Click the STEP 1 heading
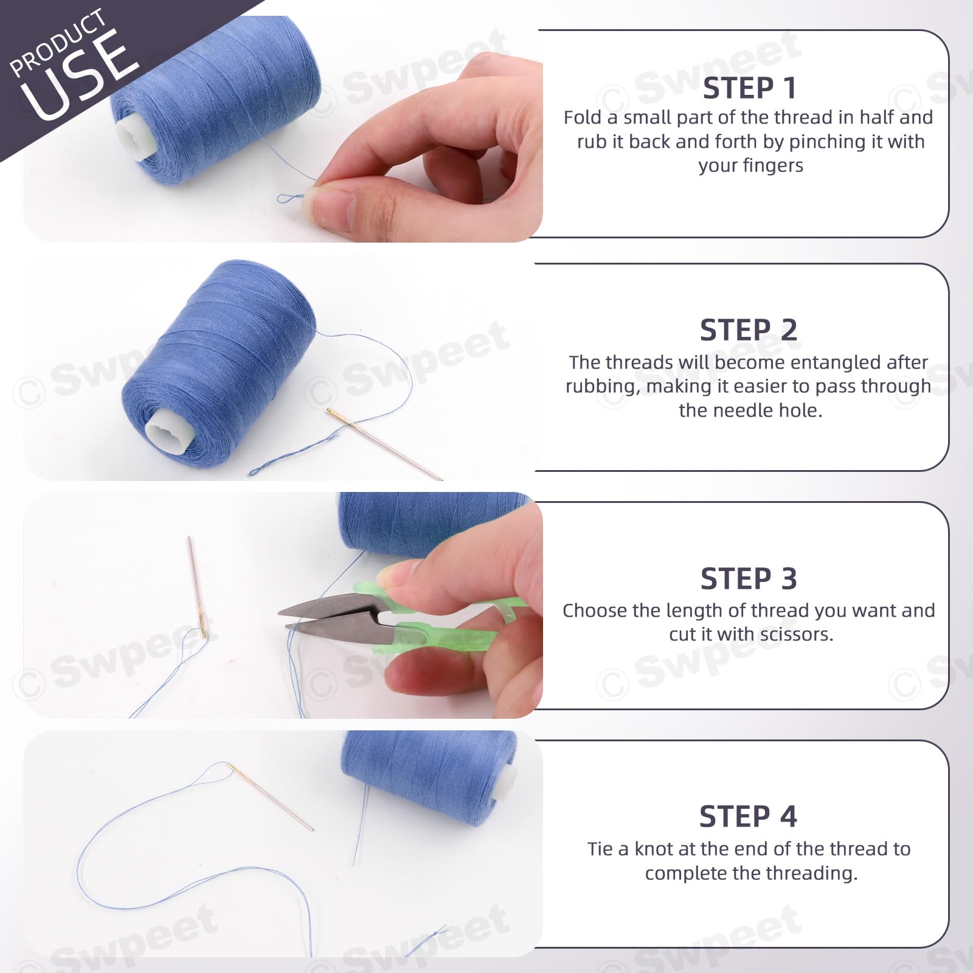(x=749, y=88)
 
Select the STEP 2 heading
(x=749, y=330)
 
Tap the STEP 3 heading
(x=749, y=578)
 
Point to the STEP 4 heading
(x=748, y=816)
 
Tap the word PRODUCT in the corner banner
(x=58, y=43)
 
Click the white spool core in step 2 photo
(x=169, y=430)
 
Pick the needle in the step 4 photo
(x=271, y=797)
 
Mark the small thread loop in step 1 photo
(x=291, y=198)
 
